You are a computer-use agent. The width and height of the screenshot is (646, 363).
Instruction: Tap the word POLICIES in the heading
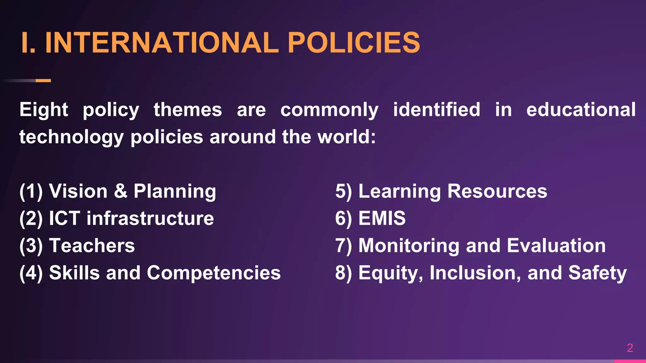[x=354, y=43]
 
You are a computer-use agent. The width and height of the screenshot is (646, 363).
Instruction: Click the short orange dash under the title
[x=43, y=81]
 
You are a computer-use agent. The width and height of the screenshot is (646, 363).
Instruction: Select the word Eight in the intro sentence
[x=44, y=110]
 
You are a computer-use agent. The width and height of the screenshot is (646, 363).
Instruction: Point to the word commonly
[x=329, y=110]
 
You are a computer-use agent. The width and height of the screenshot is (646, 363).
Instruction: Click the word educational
[x=581, y=110]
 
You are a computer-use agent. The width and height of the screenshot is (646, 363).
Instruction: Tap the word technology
[x=71, y=137]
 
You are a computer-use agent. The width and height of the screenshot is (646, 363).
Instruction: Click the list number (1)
[x=31, y=191]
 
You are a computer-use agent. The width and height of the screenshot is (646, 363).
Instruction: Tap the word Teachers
[x=92, y=245]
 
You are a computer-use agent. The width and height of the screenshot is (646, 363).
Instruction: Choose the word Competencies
[x=214, y=273]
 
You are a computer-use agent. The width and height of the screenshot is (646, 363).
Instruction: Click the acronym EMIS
[x=382, y=218]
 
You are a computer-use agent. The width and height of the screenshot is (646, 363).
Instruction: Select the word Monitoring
[x=409, y=246]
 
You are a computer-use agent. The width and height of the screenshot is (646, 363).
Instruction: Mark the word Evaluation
[x=556, y=245]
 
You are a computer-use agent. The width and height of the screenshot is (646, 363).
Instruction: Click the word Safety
[x=597, y=273]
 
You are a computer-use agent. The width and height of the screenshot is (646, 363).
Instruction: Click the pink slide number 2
[x=630, y=348]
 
